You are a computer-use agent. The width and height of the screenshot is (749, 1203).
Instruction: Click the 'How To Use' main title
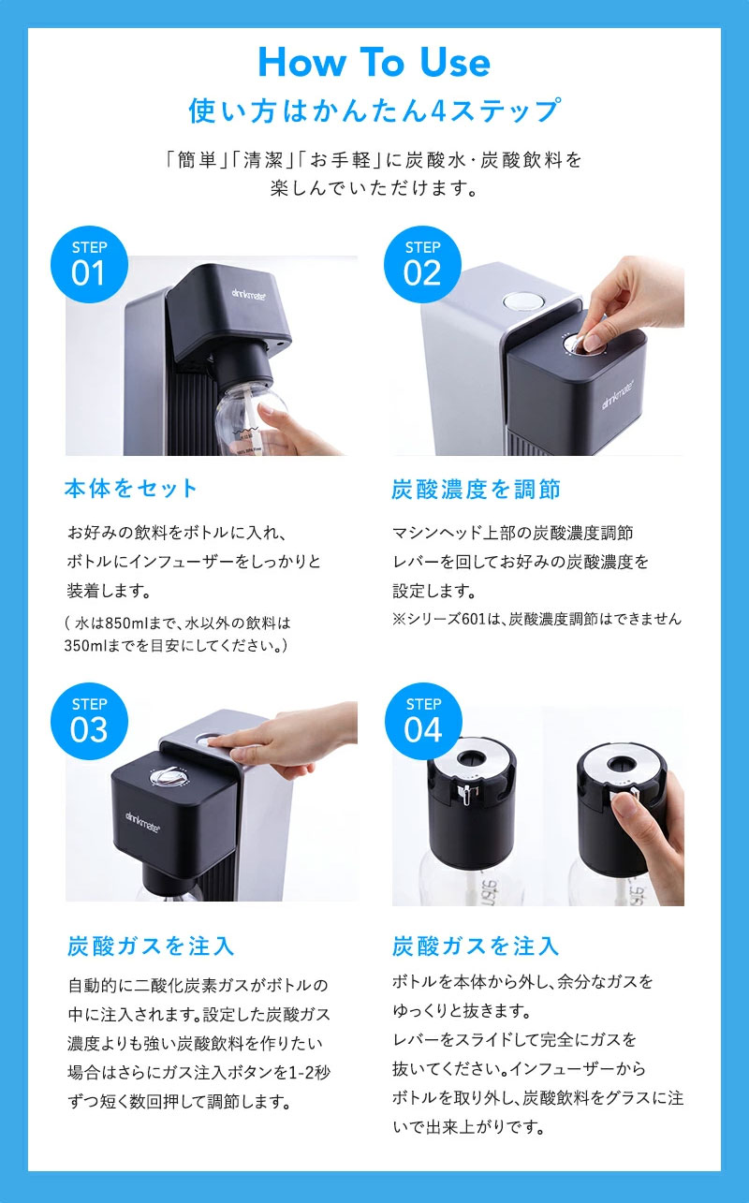coord(374,63)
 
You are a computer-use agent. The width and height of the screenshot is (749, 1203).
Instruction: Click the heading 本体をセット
coord(131,488)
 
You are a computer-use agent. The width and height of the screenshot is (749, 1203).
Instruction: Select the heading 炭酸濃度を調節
coord(476,489)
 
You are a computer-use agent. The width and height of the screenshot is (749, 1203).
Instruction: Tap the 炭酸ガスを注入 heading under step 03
coord(151,946)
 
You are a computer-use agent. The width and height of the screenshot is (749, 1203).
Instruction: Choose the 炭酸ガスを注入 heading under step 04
coord(476,946)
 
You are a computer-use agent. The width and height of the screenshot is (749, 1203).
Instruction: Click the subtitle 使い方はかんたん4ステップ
coord(374,110)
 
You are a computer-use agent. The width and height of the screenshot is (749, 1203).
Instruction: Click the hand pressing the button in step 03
coord(281,744)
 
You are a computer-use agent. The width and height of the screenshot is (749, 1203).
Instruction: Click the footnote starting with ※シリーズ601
coord(536,619)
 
